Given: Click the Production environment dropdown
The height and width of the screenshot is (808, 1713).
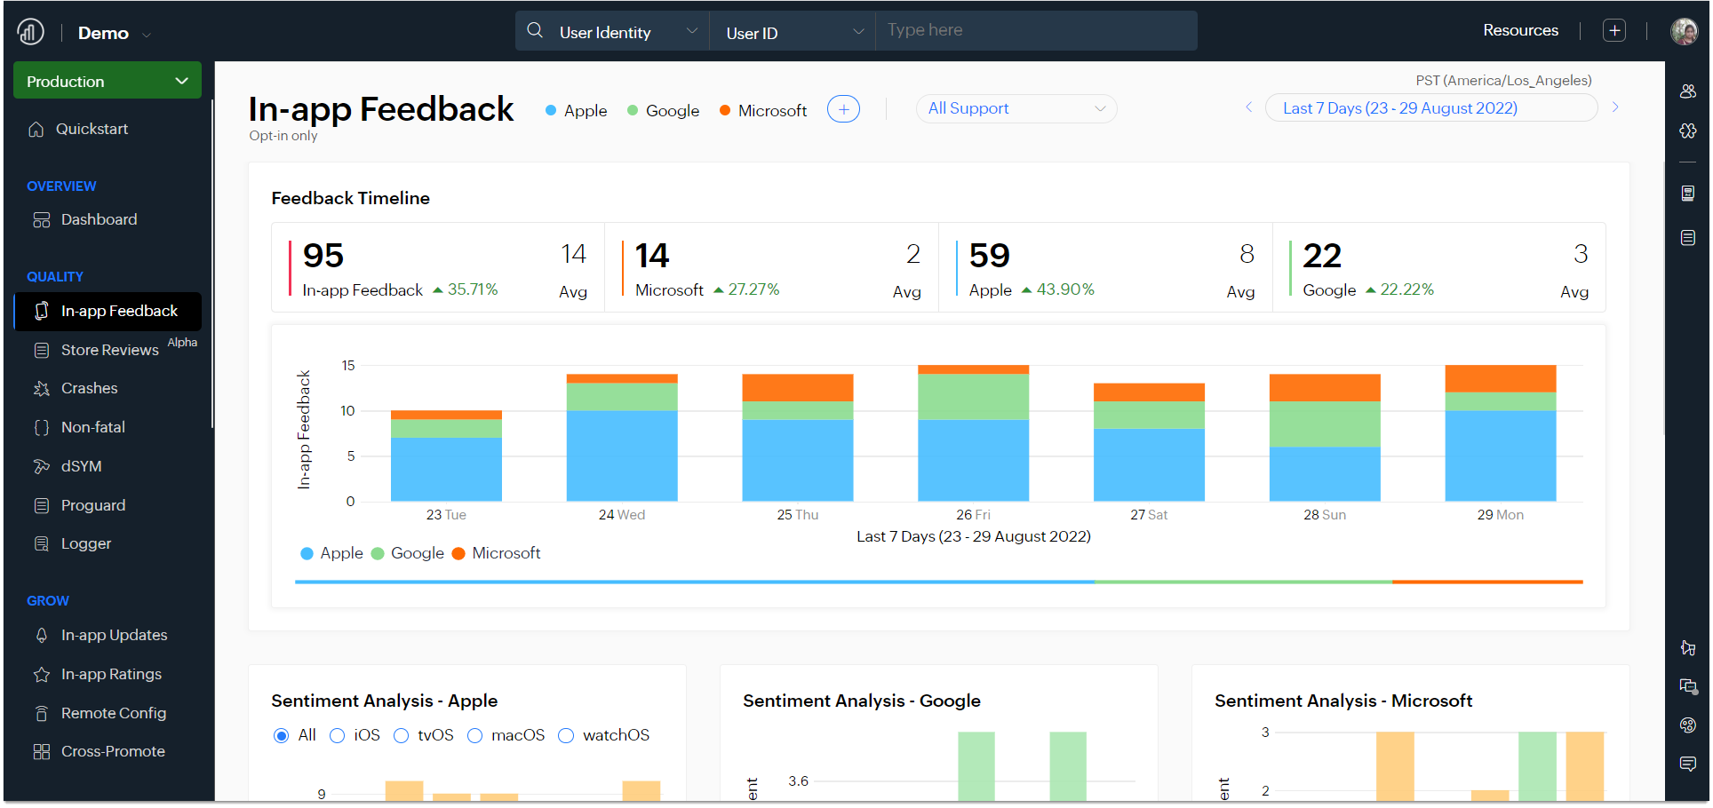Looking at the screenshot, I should (x=107, y=81).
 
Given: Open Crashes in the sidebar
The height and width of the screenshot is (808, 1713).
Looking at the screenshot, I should (x=89, y=388).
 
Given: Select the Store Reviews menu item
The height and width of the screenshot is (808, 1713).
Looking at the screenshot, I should (x=109, y=350).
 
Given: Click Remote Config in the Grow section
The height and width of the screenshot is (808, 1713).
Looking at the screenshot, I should (x=113, y=713).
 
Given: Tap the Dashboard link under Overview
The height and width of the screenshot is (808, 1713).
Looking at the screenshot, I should (x=99, y=219).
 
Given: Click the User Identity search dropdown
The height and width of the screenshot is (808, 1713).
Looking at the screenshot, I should (x=613, y=32).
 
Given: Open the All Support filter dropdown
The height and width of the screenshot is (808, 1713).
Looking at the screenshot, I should (x=1016, y=108).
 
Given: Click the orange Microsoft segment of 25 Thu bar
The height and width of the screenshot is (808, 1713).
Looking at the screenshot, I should (x=797, y=387).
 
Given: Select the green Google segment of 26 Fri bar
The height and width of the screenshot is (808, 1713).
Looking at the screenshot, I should (x=973, y=396).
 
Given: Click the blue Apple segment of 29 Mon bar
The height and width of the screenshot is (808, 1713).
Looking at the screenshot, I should (x=1500, y=455).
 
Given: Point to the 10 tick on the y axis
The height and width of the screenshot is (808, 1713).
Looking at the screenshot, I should (x=347, y=410).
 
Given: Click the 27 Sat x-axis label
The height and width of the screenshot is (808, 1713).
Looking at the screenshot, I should (x=1148, y=515).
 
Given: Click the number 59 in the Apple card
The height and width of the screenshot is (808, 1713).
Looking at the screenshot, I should (x=989, y=256).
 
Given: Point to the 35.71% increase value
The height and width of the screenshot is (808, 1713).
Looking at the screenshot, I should (x=472, y=289).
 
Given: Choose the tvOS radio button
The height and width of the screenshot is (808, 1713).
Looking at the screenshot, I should (x=402, y=735).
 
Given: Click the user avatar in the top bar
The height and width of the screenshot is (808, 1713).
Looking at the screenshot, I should (x=1684, y=31).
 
